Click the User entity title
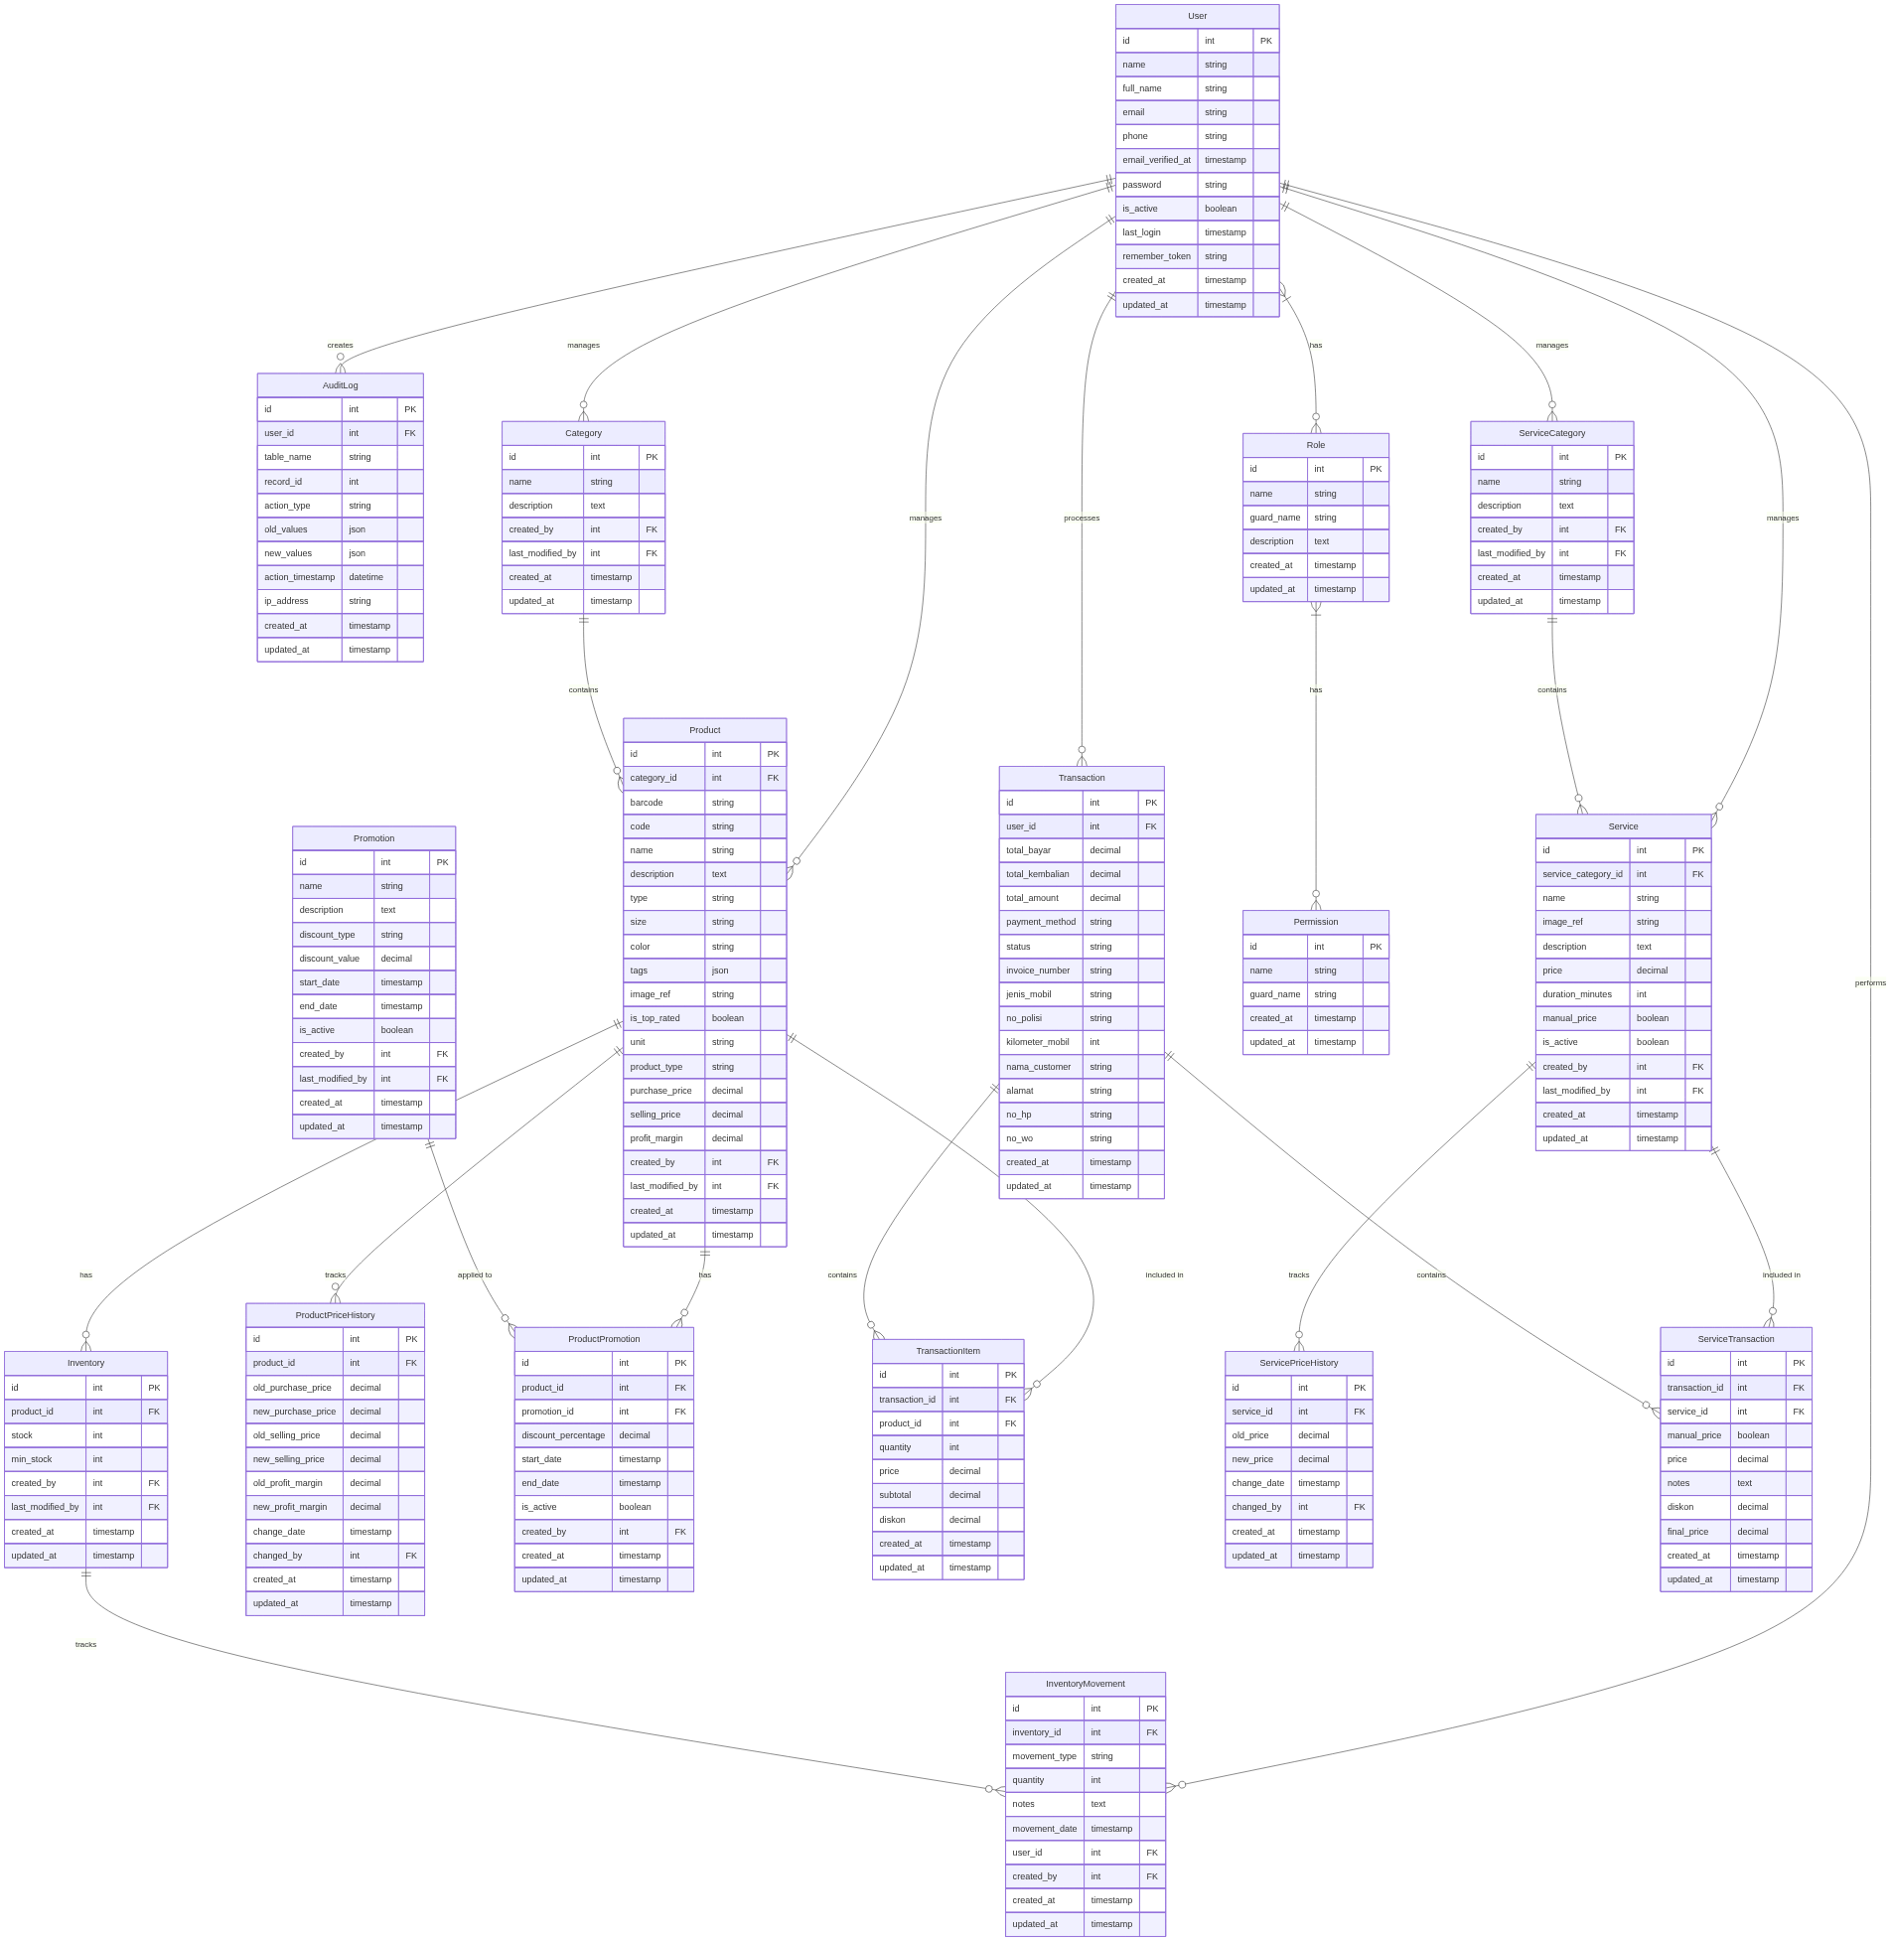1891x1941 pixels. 1197,16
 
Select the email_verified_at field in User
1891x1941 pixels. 1156,160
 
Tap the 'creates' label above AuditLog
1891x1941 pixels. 340,345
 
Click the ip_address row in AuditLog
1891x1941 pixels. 286,601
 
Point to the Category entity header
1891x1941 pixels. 583,433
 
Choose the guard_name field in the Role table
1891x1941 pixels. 1274,518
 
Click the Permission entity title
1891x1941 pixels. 1315,922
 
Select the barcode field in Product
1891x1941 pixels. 646,803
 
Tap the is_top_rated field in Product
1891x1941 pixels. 655,1018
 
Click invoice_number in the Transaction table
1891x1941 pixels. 1038,970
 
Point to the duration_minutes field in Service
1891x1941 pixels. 1576,994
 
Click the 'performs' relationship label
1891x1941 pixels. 1870,982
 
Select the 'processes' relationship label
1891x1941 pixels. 1082,518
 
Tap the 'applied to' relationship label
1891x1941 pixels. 475,1274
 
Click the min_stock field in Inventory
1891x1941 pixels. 32,1459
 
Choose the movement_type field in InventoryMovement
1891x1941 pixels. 1044,1756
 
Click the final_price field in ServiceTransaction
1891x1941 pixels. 1687,1532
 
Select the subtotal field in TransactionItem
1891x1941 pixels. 895,1495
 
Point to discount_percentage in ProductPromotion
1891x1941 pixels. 562,1435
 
